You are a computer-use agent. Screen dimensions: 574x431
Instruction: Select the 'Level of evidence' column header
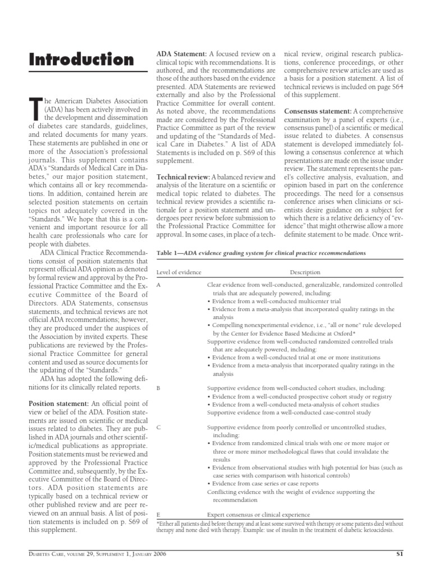[x=178, y=272]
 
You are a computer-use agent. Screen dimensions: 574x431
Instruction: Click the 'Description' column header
[x=305, y=272]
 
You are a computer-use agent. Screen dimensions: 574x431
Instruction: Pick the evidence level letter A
[x=159, y=285]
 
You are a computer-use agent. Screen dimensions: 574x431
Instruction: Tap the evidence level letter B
[x=159, y=388]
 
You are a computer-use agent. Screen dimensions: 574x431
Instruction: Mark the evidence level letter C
[x=159, y=427]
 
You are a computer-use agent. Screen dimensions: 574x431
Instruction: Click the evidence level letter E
[x=159, y=514]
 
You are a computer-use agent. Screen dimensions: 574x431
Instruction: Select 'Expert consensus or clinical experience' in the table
[x=258, y=514]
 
